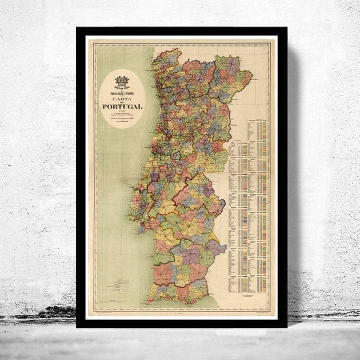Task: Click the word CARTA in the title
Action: coord(122,98)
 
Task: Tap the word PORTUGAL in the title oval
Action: coord(122,107)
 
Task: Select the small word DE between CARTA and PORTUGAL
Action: coord(122,102)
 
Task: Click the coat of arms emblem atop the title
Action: coord(122,80)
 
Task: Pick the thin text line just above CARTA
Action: coord(122,93)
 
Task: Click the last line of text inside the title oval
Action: coord(122,127)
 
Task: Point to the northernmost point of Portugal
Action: coord(176,48)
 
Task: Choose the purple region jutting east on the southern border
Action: coord(216,247)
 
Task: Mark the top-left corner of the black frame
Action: coord(77,28)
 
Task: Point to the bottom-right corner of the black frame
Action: coord(286,327)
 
